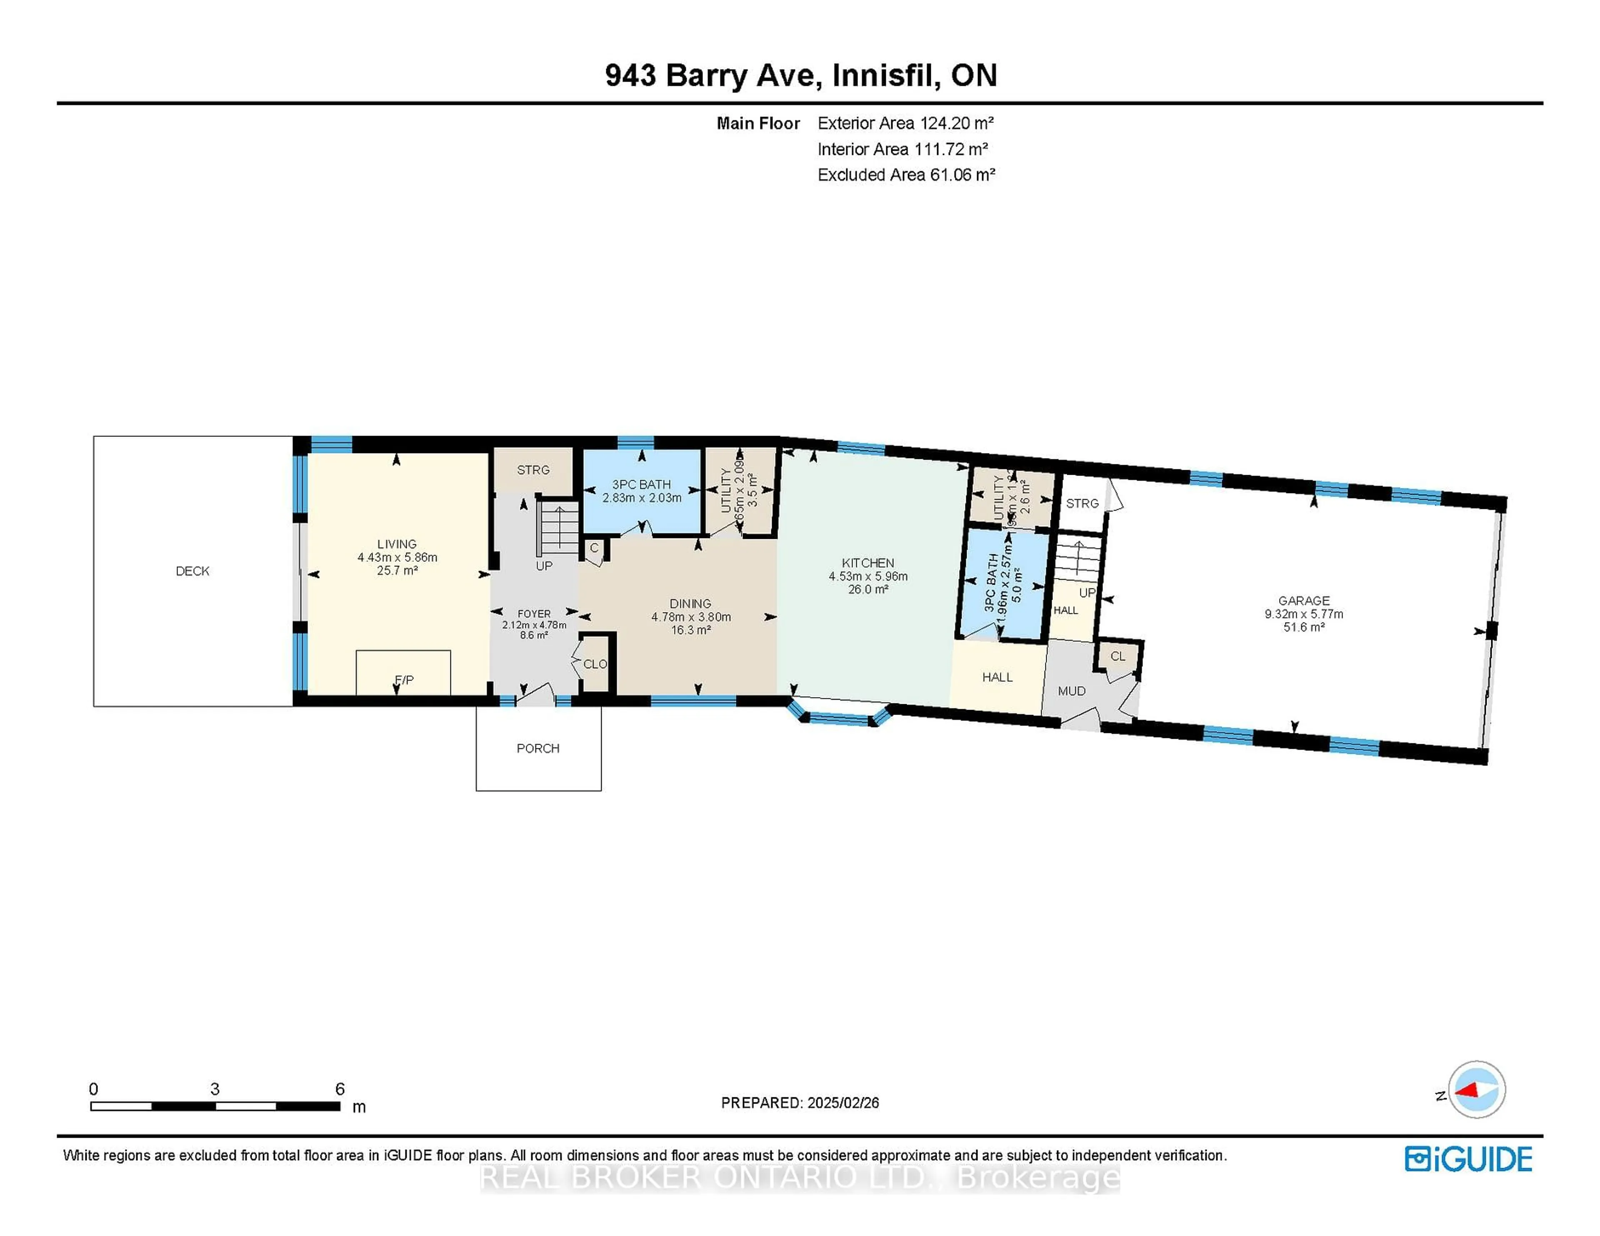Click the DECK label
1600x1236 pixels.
(x=192, y=571)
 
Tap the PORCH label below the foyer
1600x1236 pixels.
(x=538, y=748)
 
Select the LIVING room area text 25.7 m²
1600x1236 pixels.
(x=397, y=571)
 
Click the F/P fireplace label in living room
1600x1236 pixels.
(x=404, y=680)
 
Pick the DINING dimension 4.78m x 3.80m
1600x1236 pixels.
(x=691, y=616)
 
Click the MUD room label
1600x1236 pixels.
(x=1071, y=690)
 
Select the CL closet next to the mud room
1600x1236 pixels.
(x=1117, y=656)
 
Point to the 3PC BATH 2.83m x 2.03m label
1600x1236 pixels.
(x=642, y=491)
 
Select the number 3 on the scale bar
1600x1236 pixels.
(x=215, y=1089)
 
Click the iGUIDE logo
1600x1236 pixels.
(x=1468, y=1159)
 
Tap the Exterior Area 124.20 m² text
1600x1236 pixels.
(x=905, y=123)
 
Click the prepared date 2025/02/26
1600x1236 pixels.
(x=841, y=1103)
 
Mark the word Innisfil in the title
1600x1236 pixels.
(x=886, y=75)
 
